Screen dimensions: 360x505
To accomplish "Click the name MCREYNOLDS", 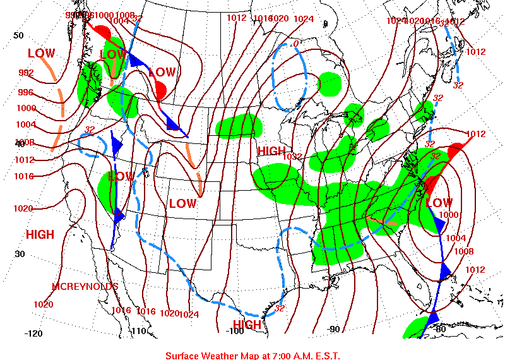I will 85,287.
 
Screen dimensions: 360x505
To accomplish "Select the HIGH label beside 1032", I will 271,151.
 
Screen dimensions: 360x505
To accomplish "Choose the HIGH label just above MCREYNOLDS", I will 40,234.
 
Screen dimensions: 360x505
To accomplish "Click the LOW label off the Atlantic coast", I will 439,203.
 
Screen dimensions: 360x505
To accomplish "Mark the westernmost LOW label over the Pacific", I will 41,54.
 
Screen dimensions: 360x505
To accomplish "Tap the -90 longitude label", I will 334,329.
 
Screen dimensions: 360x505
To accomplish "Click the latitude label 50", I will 19,35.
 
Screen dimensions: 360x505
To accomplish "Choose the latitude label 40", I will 19,144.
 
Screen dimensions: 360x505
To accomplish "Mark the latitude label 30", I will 19,254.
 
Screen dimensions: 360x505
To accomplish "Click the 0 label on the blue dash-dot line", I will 295,44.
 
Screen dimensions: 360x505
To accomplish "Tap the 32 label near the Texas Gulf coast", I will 280,308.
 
